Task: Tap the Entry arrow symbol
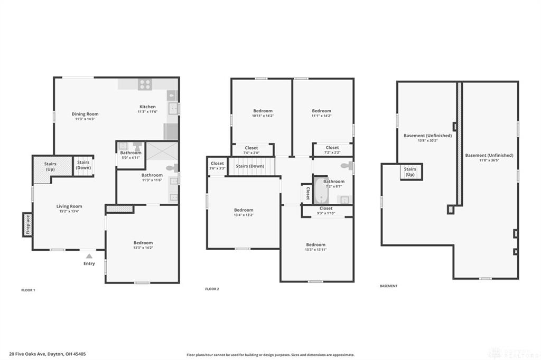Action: point(89,255)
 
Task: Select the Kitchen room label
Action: point(147,107)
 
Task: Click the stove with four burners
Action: point(145,84)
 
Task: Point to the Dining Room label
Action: point(85,114)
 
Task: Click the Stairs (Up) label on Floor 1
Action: point(50,166)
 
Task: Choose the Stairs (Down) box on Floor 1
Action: point(83,165)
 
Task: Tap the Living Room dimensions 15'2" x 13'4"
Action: point(69,211)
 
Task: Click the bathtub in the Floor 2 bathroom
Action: point(321,191)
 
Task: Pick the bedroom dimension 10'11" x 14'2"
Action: point(263,116)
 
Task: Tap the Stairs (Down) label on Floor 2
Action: point(250,166)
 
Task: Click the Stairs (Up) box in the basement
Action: point(410,172)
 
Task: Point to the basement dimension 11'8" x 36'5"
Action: point(489,160)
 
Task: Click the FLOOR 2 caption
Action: point(212,289)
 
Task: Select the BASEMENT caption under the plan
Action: point(388,286)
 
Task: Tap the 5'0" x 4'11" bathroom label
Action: point(130,157)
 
